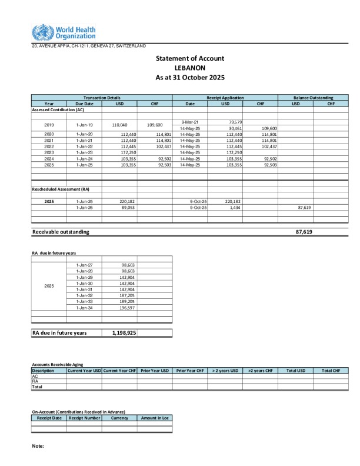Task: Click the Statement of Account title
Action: [190, 58]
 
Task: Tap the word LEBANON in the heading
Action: [190, 68]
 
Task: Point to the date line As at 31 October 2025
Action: [190, 78]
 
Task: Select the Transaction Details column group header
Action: [102, 98]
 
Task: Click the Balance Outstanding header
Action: [314, 98]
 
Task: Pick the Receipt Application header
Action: [225, 98]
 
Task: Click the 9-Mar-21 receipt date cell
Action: [190, 122]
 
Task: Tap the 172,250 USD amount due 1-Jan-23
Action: [120, 152]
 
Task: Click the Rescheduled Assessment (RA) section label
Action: [61, 189]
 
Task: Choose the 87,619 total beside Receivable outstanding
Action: [304, 232]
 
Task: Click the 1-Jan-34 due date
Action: [85, 307]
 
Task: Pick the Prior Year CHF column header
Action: [190, 371]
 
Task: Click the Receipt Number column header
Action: [84, 418]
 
